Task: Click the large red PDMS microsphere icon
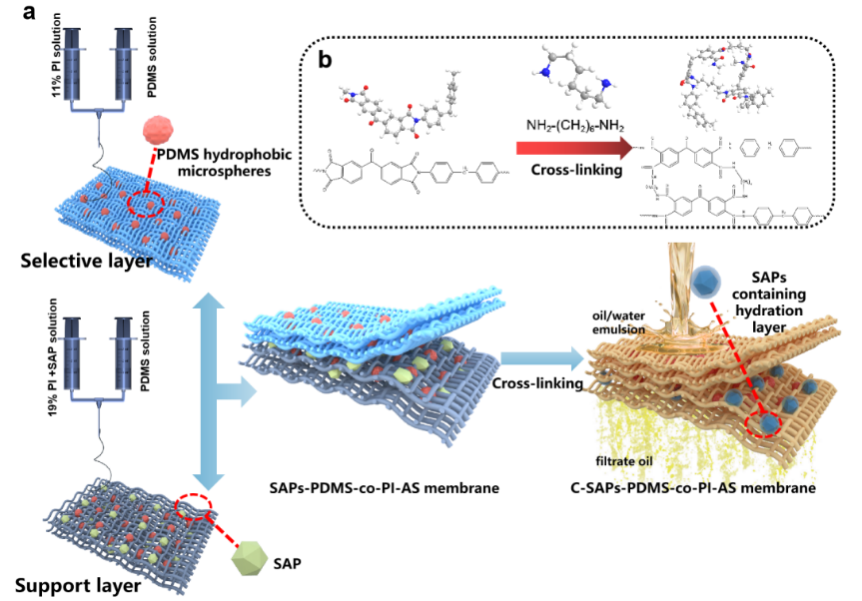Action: click(x=160, y=131)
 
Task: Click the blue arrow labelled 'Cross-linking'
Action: click(x=540, y=358)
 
